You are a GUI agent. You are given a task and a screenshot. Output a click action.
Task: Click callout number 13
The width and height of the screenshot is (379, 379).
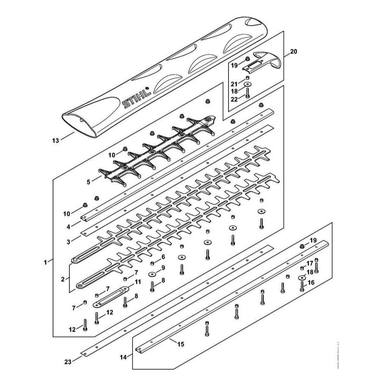[x=55, y=141]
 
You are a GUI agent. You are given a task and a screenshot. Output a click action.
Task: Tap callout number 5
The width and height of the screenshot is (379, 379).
[x=88, y=182]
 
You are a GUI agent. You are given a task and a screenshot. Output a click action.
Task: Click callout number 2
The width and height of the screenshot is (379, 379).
[x=63, y=279]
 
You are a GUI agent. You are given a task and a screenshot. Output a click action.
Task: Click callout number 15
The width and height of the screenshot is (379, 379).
[x=180, y=344]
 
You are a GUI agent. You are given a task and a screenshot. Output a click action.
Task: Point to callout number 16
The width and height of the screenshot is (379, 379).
[x=311, y=283]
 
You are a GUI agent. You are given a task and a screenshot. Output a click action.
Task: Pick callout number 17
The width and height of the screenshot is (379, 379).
[x=310, y=263]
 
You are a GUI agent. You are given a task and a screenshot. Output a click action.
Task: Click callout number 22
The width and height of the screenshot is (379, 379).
[x=234, y=99]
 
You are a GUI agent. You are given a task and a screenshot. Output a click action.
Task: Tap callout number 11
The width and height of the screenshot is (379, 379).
[x=137, y=282]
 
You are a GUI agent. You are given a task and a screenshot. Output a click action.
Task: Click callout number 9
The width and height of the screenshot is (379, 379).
[x=163, y=268]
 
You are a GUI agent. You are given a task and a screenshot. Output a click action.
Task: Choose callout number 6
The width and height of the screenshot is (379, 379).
[x=163, y=257]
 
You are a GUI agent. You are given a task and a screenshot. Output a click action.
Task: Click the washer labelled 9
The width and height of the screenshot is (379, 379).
[x=153, y=274]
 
